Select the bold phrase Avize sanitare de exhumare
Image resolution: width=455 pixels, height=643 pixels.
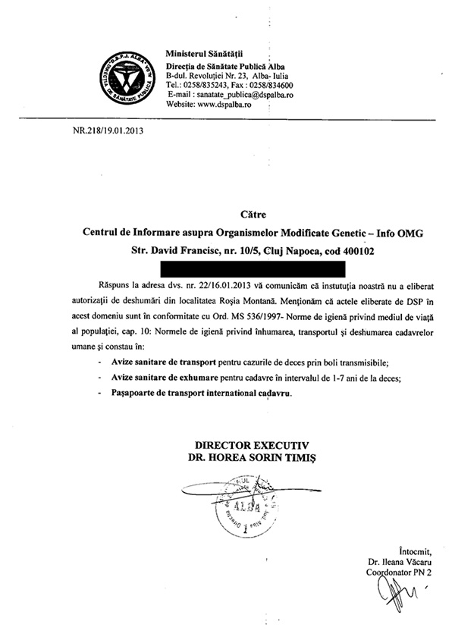[x=159, y=378]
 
